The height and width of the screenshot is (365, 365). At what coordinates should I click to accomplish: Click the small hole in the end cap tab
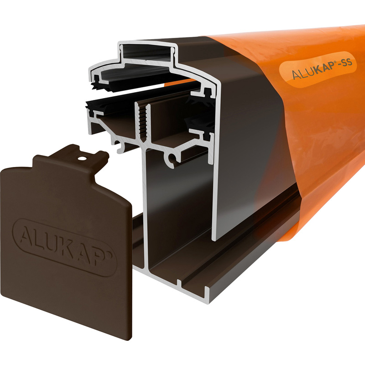pos(83,159)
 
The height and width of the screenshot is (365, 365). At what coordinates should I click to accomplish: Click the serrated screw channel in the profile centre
pos(144,121)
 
